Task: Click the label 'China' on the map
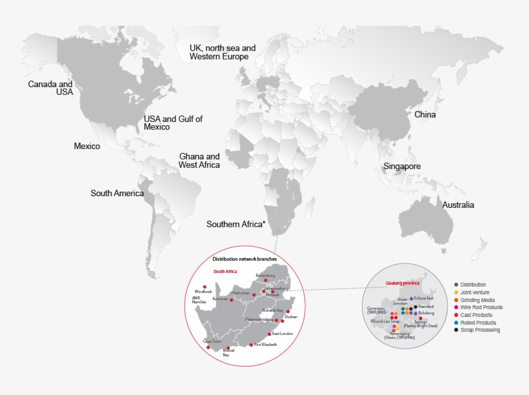(425, 115)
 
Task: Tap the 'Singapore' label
(402, 167)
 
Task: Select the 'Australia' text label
(458, 205)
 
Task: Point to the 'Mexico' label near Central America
(87, 147)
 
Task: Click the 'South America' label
(117, 193)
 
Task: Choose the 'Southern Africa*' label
(236, 224)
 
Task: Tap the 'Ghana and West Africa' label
(199, 161)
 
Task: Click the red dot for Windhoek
(205, 287)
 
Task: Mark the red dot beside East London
(269, 334)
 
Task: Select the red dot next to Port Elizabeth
(251, 345)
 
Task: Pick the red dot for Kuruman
(232, 299)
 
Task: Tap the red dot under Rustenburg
(265, 280)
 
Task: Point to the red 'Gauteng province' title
(403, 283)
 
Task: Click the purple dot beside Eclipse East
(411, 299)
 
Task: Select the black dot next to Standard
(415, 307)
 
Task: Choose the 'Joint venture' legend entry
(474, 292)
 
